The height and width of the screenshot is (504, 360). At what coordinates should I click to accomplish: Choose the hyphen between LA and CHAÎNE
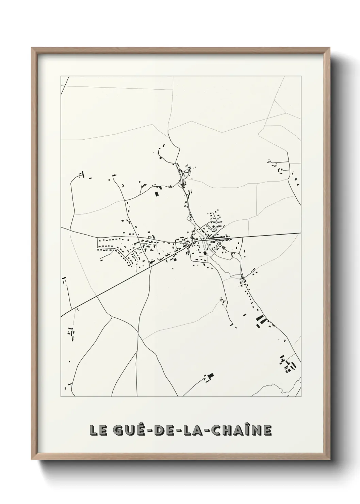pos(206,431)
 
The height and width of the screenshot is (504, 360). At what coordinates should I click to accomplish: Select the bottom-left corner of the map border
pos(61,397)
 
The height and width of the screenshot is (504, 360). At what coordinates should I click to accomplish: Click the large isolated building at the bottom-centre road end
pos(210,376)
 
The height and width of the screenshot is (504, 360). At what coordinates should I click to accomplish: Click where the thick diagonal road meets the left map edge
pos(62,316)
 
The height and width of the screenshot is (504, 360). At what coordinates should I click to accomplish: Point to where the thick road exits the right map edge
pos(300,233)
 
